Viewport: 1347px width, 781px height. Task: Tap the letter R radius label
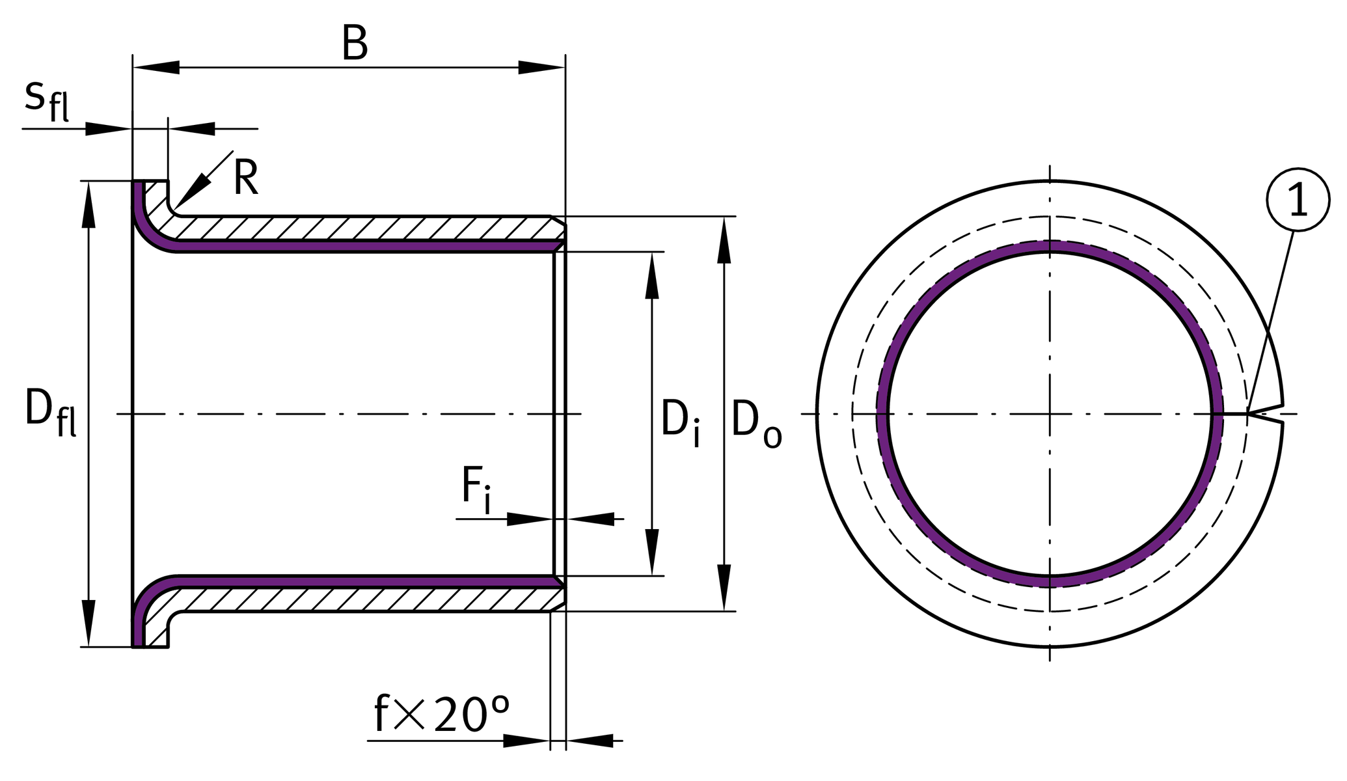coord(246,178)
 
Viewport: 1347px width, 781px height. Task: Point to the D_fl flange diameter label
coord(50,411)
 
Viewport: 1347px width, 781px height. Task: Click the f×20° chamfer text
coord(442,715)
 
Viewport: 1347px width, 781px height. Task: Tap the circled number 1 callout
coord(1298,200)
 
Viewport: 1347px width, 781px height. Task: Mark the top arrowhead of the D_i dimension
coord(652,276)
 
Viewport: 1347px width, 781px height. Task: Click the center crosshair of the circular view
coord(1050,414)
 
